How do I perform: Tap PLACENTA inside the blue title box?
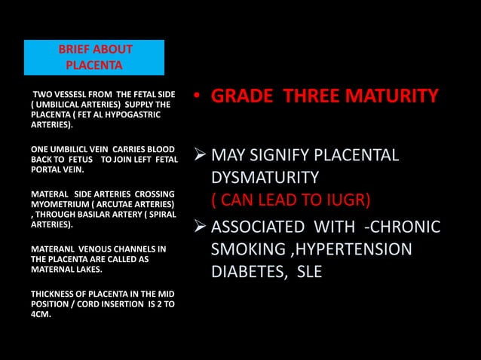click(94, 65)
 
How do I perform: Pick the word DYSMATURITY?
click(264, 178)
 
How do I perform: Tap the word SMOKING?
click(242, 249)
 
